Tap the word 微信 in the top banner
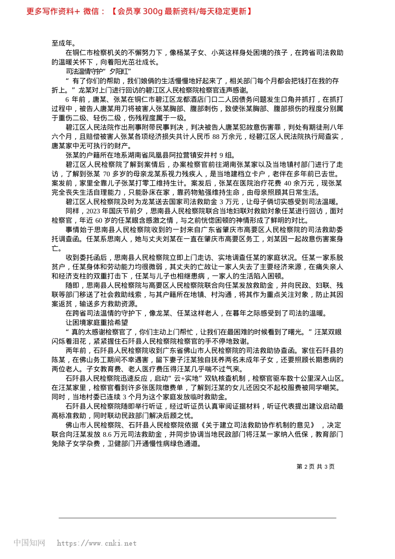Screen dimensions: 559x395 click(91, 12)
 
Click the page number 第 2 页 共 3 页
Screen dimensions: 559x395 click(315, 467)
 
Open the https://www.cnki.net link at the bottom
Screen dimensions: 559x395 click(96, 543)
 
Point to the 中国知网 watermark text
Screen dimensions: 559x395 click(29, 543)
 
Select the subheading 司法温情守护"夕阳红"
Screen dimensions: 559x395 click(99, 72)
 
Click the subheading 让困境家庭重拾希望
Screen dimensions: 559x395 click(97, 323)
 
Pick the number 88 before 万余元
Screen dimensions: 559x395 click(216, 137)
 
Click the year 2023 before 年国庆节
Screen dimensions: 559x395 click(94, 211)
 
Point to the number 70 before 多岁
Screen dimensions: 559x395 click(106, 174)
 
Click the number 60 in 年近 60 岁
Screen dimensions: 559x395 click(99, 220)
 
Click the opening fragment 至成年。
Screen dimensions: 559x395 click(64, 43)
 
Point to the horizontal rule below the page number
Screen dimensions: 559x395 click(197, 518)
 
